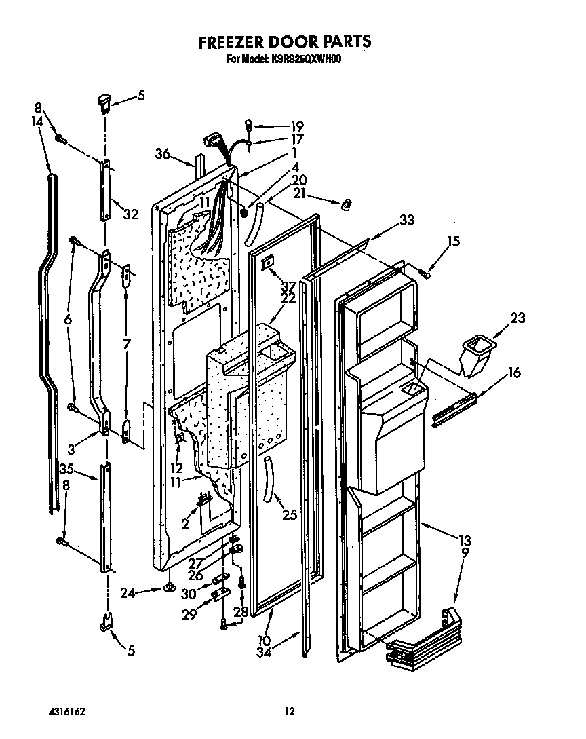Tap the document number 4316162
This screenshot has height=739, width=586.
coord(66,711)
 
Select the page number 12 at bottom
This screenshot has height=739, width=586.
coord(289,711)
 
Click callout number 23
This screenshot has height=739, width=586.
coord(517,317)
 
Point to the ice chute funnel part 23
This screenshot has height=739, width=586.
coord(475,358)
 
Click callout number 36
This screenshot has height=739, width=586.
coord(161,154)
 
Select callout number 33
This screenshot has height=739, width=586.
coord(406,220)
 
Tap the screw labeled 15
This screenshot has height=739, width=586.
coord(425,273)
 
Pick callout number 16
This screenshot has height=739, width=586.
coord(514,372)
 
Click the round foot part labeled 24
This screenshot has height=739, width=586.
coord(168,588)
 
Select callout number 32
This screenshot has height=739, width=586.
coord(130,214)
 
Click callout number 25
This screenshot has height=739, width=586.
coord(290,515)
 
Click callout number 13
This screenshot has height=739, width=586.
coord(464,541)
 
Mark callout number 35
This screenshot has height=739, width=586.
coord(66,468)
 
